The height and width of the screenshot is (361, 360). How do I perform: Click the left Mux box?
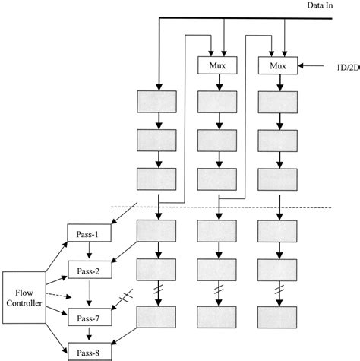coord(217,65)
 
